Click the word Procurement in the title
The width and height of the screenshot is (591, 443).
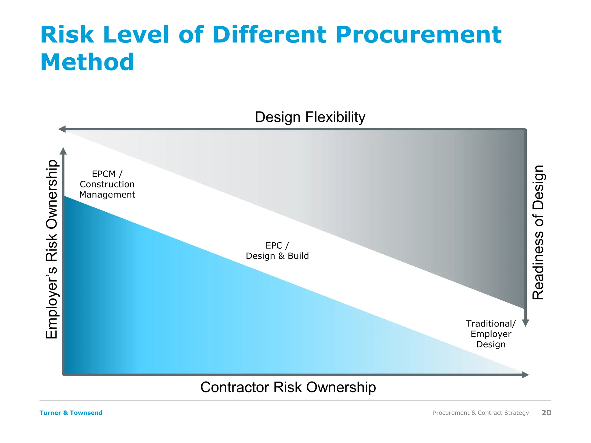tap(418, 35)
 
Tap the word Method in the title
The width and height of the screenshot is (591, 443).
tap(87, 62)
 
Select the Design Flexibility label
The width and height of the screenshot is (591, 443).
tap(310, 117)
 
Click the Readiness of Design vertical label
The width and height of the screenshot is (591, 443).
tap(538, 232)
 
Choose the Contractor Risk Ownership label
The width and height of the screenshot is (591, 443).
tap(288, 387)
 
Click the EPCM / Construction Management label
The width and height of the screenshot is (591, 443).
tap(107, 184)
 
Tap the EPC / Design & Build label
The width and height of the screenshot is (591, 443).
tap(277, 251)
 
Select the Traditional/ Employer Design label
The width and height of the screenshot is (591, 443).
tap(491, 334)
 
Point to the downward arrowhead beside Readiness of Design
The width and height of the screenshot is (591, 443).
tap(525, 323)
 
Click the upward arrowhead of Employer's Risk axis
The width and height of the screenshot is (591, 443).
tap(63, 151)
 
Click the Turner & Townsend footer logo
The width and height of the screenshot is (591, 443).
tap(71, 413)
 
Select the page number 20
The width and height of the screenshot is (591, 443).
tap(546, 413)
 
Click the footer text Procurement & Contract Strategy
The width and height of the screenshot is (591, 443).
tap(481, 413)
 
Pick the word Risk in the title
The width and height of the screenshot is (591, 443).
tap(67, 35)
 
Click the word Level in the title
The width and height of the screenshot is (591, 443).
tap(136, 35)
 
